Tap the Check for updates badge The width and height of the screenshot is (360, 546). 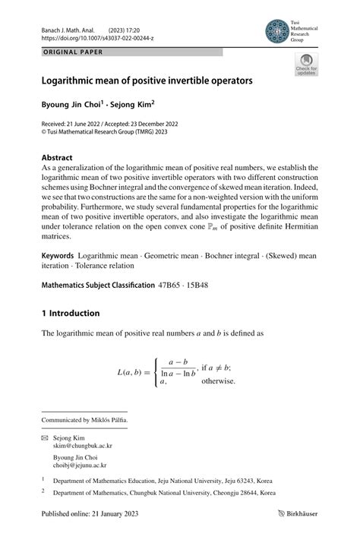(x=306, y=65)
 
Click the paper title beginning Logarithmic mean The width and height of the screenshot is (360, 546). (x=147, y=79)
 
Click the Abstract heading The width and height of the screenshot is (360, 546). (x=58, y=158)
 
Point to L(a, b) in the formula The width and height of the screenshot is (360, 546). (x=132, y=372)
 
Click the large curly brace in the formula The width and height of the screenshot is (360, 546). (x=157, y=372)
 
